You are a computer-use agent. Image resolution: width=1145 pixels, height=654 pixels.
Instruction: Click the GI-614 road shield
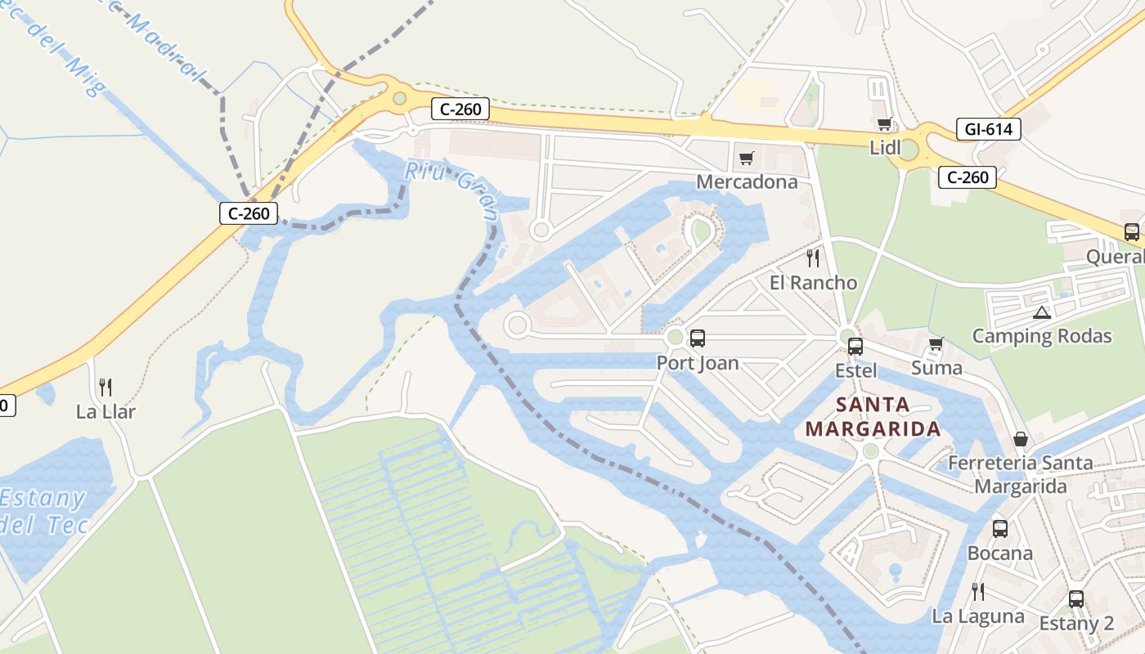tap(988, 129)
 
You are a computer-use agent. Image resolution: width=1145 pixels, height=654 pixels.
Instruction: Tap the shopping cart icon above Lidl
tap(884, 124)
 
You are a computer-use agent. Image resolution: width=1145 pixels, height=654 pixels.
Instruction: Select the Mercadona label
tap(747, 181)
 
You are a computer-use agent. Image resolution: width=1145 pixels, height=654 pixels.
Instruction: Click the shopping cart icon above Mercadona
tap(746, 158)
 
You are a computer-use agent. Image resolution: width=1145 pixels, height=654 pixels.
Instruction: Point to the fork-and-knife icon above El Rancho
tap(813, 258)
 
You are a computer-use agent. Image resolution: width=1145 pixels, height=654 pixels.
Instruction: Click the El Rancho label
tap(813, 283)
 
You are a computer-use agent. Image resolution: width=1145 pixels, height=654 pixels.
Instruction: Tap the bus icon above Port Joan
tap(698, 338)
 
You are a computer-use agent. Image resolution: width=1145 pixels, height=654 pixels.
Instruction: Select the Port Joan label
tap(698, 363)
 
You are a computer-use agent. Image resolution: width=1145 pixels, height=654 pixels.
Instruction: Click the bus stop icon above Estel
tap(855, 346)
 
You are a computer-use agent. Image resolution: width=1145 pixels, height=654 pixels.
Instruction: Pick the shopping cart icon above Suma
tap(936, 343)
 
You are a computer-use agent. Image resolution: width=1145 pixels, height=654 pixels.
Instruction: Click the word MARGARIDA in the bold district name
tap(873, 428)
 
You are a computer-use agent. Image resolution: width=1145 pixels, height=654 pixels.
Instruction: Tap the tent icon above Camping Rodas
tap(1041, 312)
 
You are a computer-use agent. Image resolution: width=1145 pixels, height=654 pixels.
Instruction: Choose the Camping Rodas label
tap(1042, 336)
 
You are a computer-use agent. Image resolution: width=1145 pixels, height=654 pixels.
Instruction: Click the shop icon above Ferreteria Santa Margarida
tap(1021, 439)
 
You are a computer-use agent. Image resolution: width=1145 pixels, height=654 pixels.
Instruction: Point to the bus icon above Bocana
tap(999, 528)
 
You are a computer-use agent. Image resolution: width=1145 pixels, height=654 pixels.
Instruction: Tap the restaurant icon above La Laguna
tap(977, 591)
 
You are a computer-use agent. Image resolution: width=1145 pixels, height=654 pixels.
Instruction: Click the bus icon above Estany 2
tap(1076, 598)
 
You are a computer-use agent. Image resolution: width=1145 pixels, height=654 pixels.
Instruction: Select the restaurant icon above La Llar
tap(106, 387)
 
